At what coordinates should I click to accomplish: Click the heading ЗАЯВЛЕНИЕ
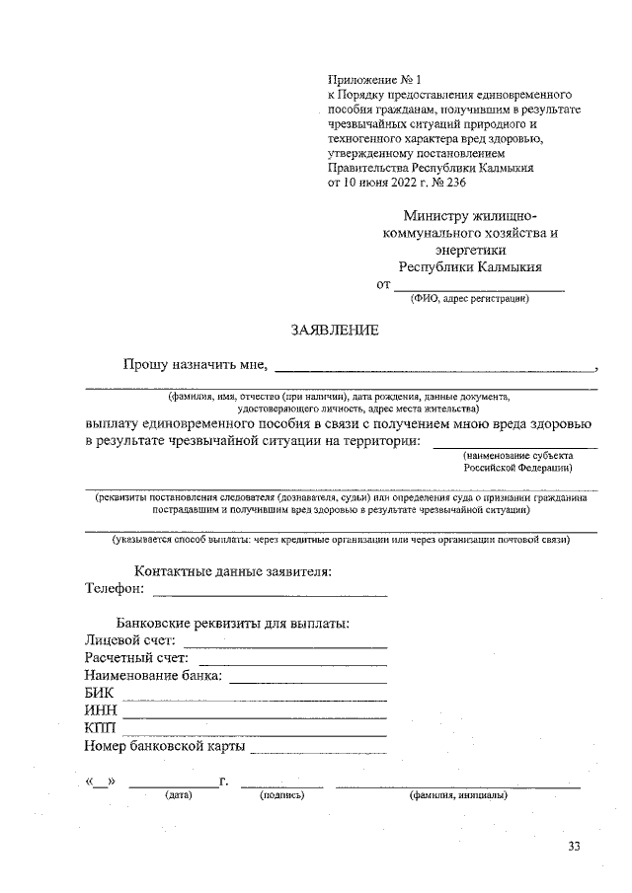point(335,330)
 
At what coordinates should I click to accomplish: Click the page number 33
point(575,847)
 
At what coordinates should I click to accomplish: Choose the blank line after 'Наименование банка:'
point(307,681)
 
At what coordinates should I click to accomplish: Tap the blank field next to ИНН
point(254,716)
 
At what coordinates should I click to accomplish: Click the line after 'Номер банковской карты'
point(318,752)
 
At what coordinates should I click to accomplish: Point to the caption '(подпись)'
point(280,794)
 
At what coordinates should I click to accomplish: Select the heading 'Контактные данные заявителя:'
point(232,571)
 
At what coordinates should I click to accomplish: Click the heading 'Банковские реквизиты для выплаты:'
point(233,624)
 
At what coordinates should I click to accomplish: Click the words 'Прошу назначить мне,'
point(196,365)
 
